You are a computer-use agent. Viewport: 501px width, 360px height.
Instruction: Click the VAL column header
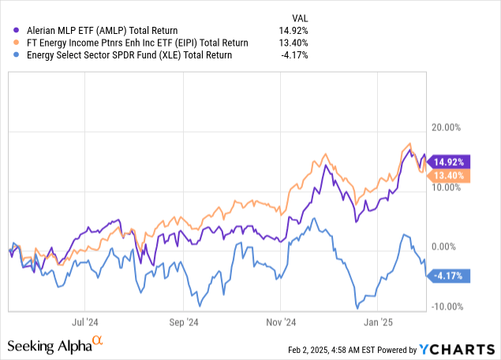299,17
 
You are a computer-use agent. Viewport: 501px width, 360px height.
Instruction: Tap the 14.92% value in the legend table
293,30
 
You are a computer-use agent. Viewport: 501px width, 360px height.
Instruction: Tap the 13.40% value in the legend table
293,43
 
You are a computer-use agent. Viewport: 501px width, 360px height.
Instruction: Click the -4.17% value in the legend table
293,55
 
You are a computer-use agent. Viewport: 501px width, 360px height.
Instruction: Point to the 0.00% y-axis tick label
456,247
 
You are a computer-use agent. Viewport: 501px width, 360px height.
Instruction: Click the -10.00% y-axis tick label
452,306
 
